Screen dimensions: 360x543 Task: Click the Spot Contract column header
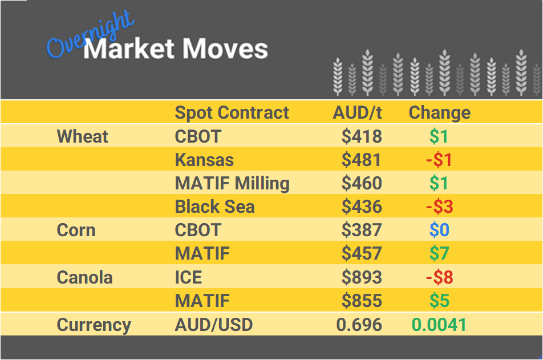(x=232, y=112)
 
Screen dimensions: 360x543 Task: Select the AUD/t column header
(x=357, y=112)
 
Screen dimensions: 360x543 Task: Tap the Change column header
(x=439, y=112)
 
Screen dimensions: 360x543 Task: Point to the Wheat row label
(x=83, y=136)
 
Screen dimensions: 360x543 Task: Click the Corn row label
(x=76, y=230)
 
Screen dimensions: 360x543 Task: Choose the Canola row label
(x=84, y=277)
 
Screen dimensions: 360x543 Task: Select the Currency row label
(x=94, y=325)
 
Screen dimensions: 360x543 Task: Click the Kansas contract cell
(x=204, y=160)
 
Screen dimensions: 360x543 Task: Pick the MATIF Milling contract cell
(x=232, y=183)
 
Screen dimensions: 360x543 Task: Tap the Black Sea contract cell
(x=214, y=207)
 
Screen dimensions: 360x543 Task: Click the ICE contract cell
(x=188, y=277)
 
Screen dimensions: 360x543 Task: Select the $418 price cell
(x=362, y=136)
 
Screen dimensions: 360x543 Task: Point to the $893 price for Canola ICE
(x=362, y=277)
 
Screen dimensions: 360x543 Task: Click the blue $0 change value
(x=439, y=230)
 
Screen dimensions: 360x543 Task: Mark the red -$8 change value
(x=439, y=277)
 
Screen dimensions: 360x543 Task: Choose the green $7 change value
(x=439, y=253)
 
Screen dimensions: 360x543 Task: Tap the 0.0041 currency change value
(x=439, y=325)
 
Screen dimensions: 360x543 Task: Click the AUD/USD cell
(x=213, y=325)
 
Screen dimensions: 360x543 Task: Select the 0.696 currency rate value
(x=359, y=325)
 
